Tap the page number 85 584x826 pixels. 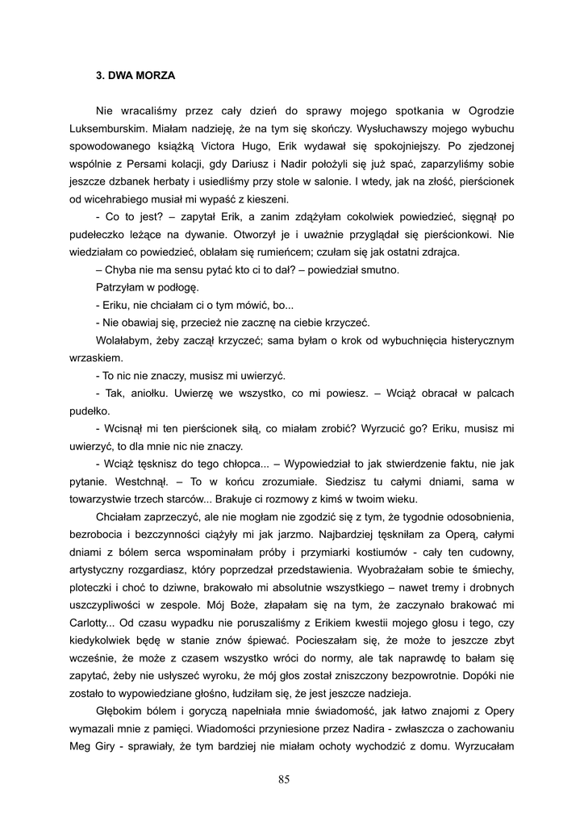(283, 778)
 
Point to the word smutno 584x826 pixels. (377, 270)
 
